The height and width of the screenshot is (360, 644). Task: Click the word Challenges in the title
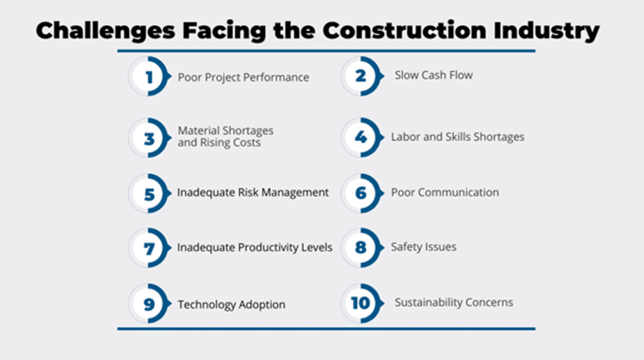pos(106,31)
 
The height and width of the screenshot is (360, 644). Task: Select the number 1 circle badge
pos(149,76)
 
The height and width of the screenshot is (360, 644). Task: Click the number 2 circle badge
pos(362,76)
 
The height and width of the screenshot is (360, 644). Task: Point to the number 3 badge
pos(149,138)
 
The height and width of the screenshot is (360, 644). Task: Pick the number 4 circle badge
pos(362,138)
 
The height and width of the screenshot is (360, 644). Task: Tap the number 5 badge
pos(149,193)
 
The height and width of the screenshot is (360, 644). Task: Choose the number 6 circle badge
pos(362,193)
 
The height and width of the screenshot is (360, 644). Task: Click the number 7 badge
pos(149,247)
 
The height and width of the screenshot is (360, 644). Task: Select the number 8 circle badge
pos(362,247)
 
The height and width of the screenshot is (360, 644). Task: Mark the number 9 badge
pos(149,303)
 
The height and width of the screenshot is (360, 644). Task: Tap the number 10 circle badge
pos(362,303)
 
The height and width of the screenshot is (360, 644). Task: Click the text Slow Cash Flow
pos(433,75)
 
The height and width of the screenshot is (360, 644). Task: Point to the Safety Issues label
pos(423,247)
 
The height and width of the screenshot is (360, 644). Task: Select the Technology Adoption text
pos(231,305)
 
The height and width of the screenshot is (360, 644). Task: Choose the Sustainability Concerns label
pos(454,303)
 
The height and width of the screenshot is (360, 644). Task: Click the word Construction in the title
pos(405,31)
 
